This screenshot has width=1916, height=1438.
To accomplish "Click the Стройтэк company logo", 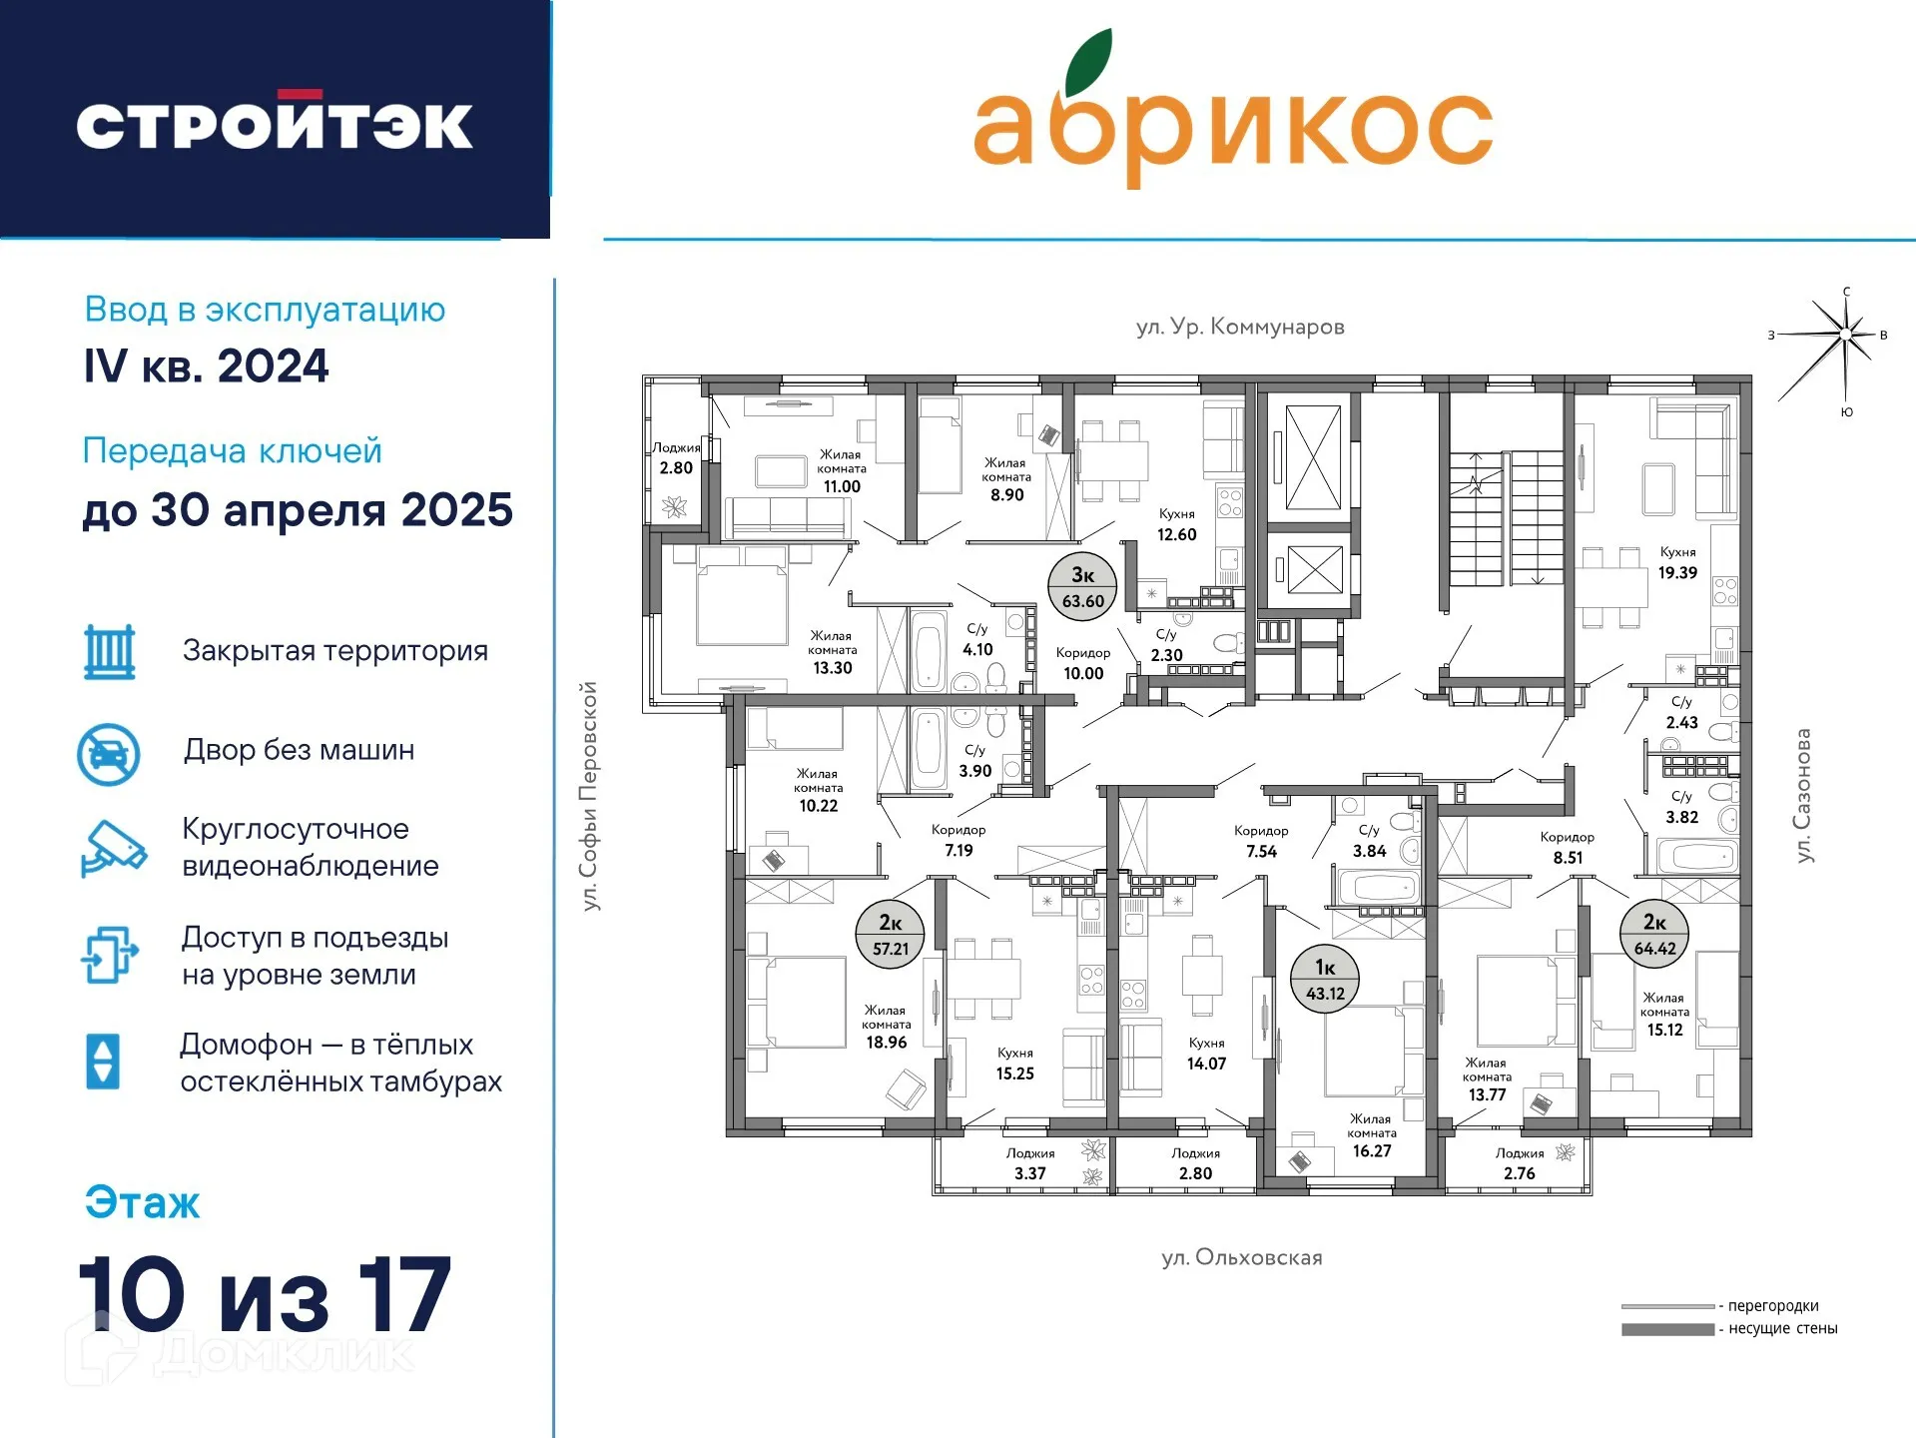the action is click(275, 122).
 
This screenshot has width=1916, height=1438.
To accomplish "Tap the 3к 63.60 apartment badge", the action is click(1082, 587).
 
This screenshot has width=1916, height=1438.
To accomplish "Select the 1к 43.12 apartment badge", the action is click(1325, 980).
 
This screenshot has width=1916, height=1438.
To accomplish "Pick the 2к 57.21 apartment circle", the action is click(890, 935).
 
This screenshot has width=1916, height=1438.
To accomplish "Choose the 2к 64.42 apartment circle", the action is click(1654, 935).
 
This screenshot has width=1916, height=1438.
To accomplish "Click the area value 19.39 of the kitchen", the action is click(1677, 572).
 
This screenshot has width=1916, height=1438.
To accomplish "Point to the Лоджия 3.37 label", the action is click(1030, 1163).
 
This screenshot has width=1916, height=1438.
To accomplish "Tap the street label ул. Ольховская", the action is click(1242, 1257).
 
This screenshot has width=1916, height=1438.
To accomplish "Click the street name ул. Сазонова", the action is click(1802, 795).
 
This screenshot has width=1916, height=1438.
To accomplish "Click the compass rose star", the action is click(1845, 336).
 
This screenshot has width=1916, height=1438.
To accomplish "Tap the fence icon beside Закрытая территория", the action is click(110, 652).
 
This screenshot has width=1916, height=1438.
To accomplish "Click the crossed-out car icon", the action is click(109, 754).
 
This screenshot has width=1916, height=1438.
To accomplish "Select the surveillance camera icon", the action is click(113, 849).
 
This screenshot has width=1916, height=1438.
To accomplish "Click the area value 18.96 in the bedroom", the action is click(887, 1043).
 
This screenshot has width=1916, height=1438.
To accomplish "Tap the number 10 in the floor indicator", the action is click(132, 1294).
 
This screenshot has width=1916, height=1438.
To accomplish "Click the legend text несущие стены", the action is click(1783, 1328).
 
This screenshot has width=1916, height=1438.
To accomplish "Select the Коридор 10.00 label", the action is click(1083, 663).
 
